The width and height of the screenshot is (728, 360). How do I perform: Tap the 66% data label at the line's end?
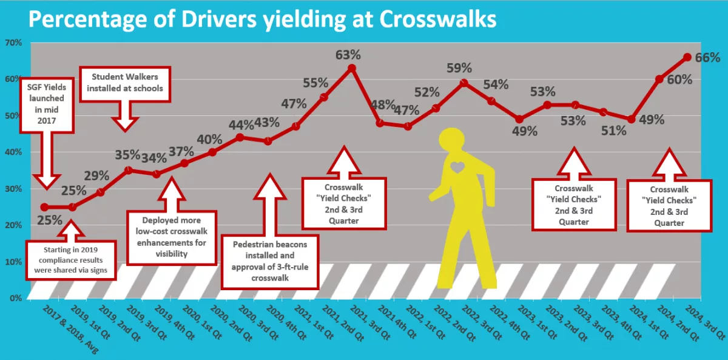707,58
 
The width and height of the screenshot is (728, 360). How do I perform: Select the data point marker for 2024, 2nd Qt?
659,79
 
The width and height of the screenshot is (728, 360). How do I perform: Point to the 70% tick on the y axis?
13,43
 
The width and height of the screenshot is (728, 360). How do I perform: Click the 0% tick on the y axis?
15,298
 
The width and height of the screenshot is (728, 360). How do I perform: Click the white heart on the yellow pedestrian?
457,166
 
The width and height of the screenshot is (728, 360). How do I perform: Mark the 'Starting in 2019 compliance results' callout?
70,259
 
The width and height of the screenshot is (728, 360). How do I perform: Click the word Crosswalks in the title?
437,19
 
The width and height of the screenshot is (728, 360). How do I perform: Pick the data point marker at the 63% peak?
351,68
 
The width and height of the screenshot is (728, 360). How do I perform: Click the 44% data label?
241,125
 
